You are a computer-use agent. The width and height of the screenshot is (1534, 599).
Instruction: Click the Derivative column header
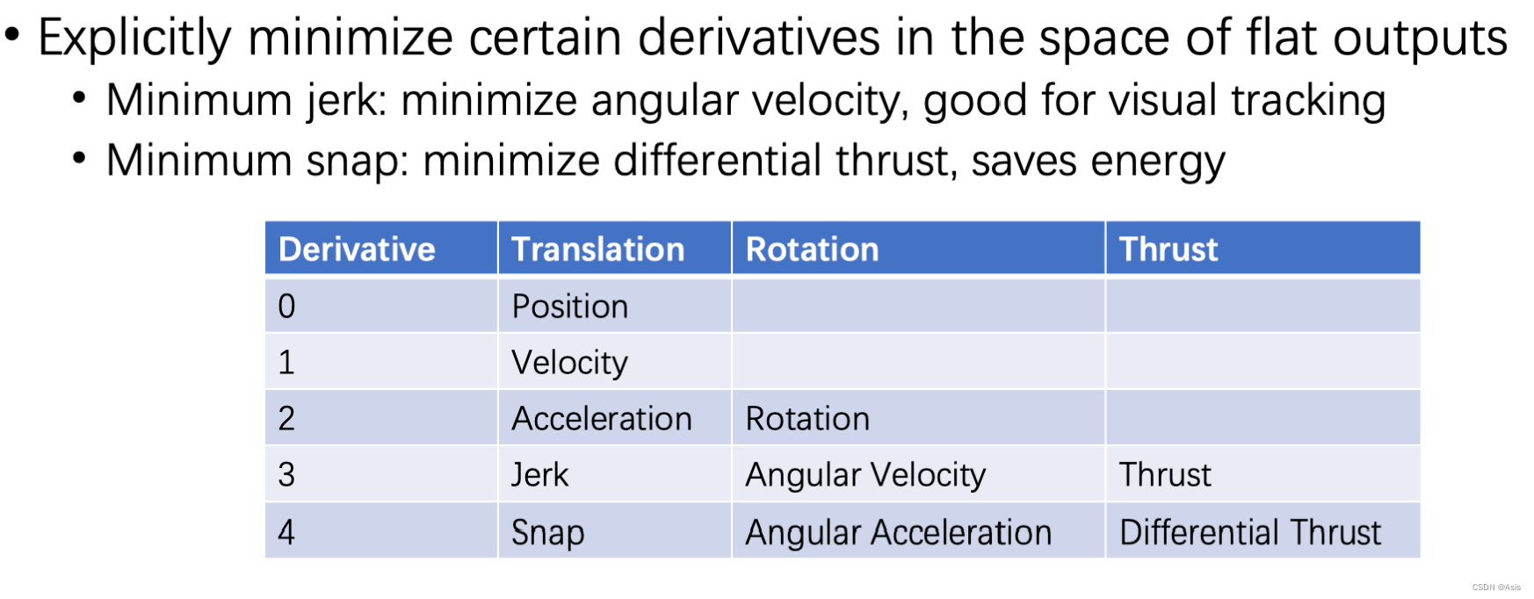357,249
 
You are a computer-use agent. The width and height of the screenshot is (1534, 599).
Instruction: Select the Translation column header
597,249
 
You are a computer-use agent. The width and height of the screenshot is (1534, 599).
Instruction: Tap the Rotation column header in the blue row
812,249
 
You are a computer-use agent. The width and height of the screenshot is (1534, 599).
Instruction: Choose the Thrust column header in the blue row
1169,249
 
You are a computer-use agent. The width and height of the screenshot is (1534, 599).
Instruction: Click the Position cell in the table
570,307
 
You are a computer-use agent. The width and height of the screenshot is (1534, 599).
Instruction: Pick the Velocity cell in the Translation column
570,363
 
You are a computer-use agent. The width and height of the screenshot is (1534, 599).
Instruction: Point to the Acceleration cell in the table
602,419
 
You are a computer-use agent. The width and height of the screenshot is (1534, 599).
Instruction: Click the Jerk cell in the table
540,475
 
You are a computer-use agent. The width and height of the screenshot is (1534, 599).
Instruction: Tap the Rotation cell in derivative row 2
807,419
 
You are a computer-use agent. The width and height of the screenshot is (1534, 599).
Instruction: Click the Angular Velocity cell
865,475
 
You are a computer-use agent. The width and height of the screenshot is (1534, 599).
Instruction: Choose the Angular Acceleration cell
899,532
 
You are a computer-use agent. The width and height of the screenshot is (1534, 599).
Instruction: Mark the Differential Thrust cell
1250,532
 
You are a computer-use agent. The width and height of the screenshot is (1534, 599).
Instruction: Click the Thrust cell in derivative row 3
1165,475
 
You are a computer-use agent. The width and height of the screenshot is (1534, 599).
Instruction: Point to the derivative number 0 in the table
286,307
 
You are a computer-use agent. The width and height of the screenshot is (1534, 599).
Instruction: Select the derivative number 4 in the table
286,532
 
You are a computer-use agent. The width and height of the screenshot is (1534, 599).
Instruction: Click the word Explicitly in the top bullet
134,39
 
